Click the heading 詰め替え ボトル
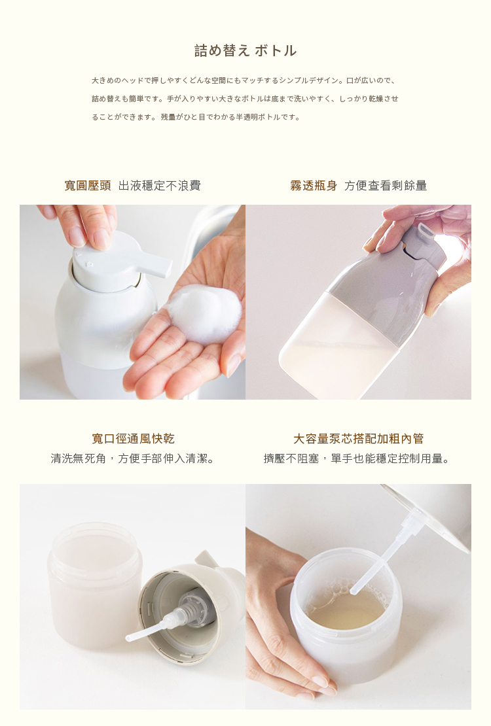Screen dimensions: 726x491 (x=245, y=50)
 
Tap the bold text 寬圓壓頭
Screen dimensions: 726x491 (x=87, y=186)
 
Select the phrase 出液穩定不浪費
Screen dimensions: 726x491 (x=159, y=186)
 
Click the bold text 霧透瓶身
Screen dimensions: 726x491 (x=314, y=186)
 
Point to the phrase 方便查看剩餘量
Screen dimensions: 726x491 (x=386, y=186)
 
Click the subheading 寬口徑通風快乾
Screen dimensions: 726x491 (x=133, y=439)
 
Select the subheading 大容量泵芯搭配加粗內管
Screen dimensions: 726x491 (x=358, y=439)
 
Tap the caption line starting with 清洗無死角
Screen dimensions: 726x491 (x=133, y=458)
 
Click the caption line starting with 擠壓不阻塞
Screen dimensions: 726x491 (x=358, y=458)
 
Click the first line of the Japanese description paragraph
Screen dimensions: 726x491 (x=244, y=80)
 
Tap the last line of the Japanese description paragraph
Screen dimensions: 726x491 (x=196, y=117)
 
